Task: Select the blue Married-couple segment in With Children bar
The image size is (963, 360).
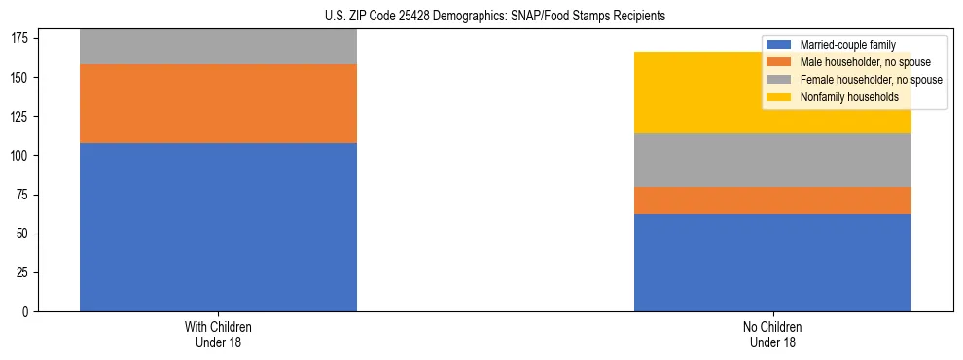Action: point(218,227)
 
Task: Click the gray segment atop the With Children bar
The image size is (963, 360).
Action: point(218,47)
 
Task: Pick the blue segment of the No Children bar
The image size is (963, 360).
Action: point(772,263)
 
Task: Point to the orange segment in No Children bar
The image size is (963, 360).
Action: point(772,199)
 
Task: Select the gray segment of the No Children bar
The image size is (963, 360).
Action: point(772,160)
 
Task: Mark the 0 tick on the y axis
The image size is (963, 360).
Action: point(27,312)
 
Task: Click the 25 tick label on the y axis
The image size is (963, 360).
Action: point(24,273)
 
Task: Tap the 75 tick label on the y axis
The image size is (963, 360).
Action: point(24,195)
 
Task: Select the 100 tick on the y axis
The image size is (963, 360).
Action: point(21,156)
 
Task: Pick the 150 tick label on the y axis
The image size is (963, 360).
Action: point(21,77)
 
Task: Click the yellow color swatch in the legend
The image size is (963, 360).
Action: point(779,97)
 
